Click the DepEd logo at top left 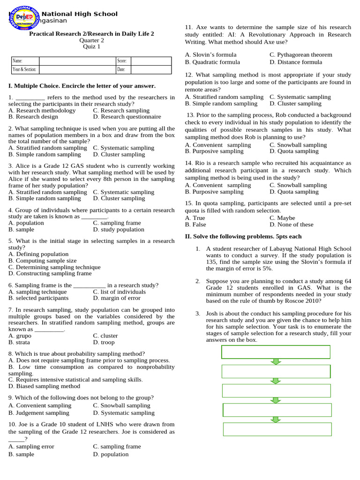tap(26, 17)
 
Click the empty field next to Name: tap(77, 61)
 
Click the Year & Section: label tap(24, 70)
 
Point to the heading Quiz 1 tap(91, 46)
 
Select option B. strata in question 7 tap(19, 343)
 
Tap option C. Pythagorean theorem tap(300, 55)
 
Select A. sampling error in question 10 tap(31, 447)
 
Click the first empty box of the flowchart tap(276, 352)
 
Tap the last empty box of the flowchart tap(277, 429)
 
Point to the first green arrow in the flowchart tap(276, 361)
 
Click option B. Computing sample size tap(42, 261)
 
